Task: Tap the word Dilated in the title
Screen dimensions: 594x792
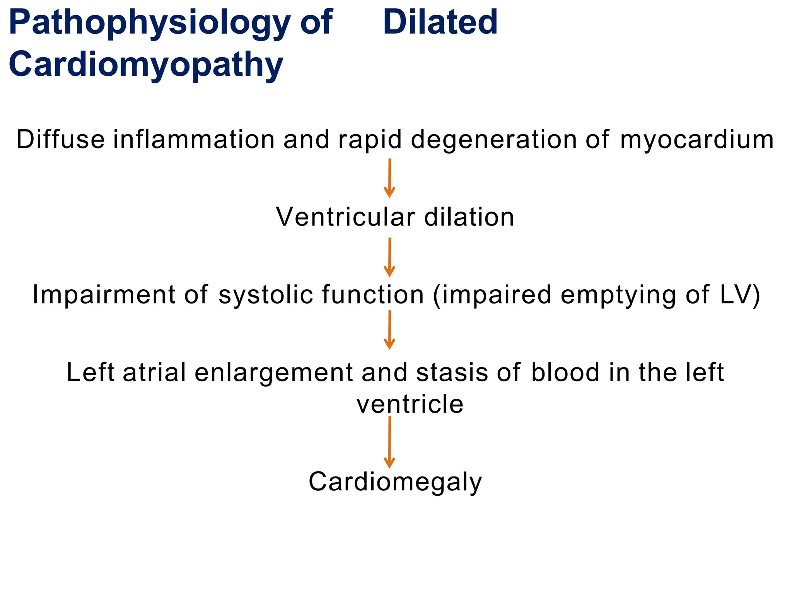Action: click(440, 22)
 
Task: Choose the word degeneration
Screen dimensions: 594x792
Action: click(493, 140)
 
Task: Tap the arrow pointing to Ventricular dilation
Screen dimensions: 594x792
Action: click(389, 178)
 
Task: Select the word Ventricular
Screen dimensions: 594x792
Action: click(345, 217)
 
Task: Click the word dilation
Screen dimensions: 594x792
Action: click(469, 217)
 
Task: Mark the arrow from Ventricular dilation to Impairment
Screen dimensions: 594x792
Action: click(389, 257)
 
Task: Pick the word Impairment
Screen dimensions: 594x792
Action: click(104, 295)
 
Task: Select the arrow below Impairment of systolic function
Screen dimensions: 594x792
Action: click(389, 330)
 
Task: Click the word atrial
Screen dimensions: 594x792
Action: click(154, 372)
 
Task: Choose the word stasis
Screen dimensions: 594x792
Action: click(452, 372)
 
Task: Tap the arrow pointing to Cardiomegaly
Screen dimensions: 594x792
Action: click(389, 442)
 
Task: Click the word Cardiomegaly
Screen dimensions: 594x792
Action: click(395, 483)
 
